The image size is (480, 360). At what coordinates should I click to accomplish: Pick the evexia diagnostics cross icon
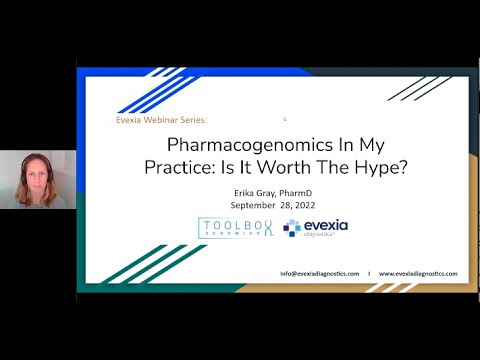(292, 228)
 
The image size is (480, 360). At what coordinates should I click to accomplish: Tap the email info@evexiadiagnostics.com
(320, 273)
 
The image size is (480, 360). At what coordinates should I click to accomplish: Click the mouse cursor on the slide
(285, 118)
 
